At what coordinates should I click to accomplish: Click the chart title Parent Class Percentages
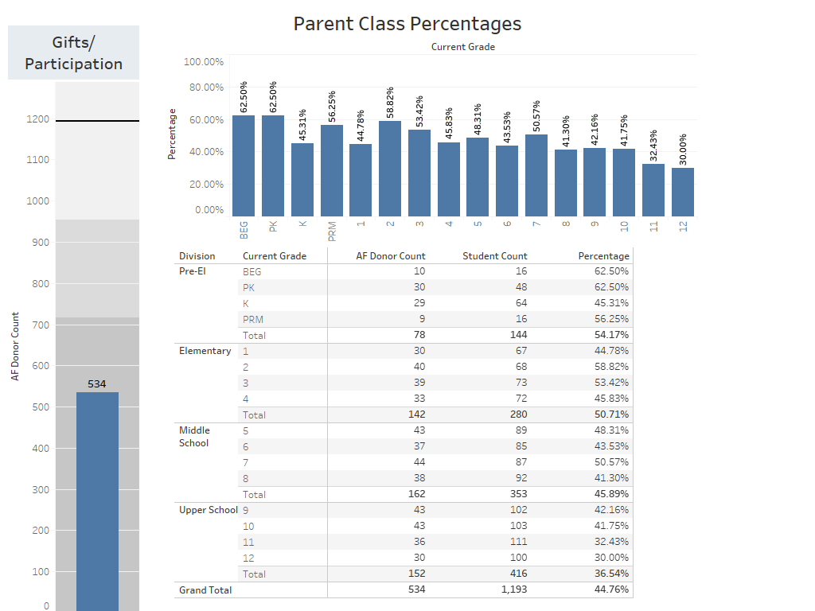coord(407,24)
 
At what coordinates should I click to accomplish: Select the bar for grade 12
coord(682,192)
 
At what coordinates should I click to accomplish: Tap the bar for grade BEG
coord(244,165)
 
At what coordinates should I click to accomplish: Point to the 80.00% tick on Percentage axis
coord(204,88)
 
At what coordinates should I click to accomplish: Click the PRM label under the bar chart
coord(332,231)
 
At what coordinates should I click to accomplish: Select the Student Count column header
coord(495,256)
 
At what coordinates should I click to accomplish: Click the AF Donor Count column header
coord(390,256)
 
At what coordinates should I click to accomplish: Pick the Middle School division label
coord(194,437)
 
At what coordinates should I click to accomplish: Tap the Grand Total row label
coord(205,590)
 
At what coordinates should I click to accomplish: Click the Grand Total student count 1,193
coord(513,590)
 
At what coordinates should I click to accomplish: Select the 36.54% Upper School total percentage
coord(612,574)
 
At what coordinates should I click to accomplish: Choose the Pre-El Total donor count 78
coord(419,335)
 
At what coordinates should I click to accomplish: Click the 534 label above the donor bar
coord(97,384)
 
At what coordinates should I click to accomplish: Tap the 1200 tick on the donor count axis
coord(37,119)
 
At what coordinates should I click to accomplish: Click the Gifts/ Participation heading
coord(73,53)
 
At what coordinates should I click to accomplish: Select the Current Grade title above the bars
coord(463,47)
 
